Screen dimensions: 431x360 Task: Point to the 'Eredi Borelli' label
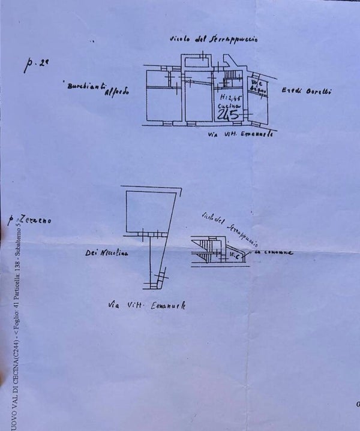307,92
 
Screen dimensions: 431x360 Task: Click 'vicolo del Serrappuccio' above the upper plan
214,40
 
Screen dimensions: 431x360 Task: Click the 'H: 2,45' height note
228,96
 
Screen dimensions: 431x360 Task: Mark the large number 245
229,114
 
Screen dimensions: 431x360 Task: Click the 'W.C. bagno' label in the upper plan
259,86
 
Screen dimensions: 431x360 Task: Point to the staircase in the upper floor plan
230,77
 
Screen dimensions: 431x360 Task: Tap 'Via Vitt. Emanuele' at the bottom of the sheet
147,305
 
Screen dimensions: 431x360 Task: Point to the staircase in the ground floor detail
208,249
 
